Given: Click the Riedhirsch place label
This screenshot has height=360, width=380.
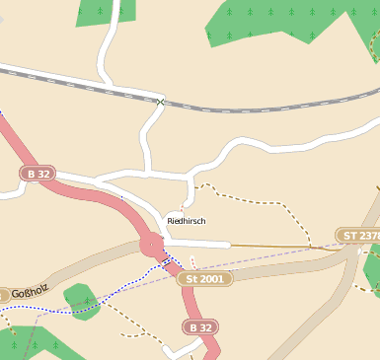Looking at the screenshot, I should [187, 221].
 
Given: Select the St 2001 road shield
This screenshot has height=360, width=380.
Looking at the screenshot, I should [205, 279].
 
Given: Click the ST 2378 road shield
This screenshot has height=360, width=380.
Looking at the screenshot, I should [357, 236].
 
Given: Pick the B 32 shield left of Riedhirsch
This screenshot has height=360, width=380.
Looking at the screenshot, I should [39, 174].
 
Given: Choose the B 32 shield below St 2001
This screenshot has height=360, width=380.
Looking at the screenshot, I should [199, 326].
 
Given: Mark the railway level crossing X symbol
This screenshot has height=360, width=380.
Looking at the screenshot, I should [160, 102].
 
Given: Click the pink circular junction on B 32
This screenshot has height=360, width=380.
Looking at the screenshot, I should [152, 244].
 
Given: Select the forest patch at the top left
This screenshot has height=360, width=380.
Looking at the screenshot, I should [105, 12].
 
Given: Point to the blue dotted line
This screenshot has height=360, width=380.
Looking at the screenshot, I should [109, 295].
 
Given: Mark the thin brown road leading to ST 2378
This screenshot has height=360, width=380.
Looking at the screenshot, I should [286, 246].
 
